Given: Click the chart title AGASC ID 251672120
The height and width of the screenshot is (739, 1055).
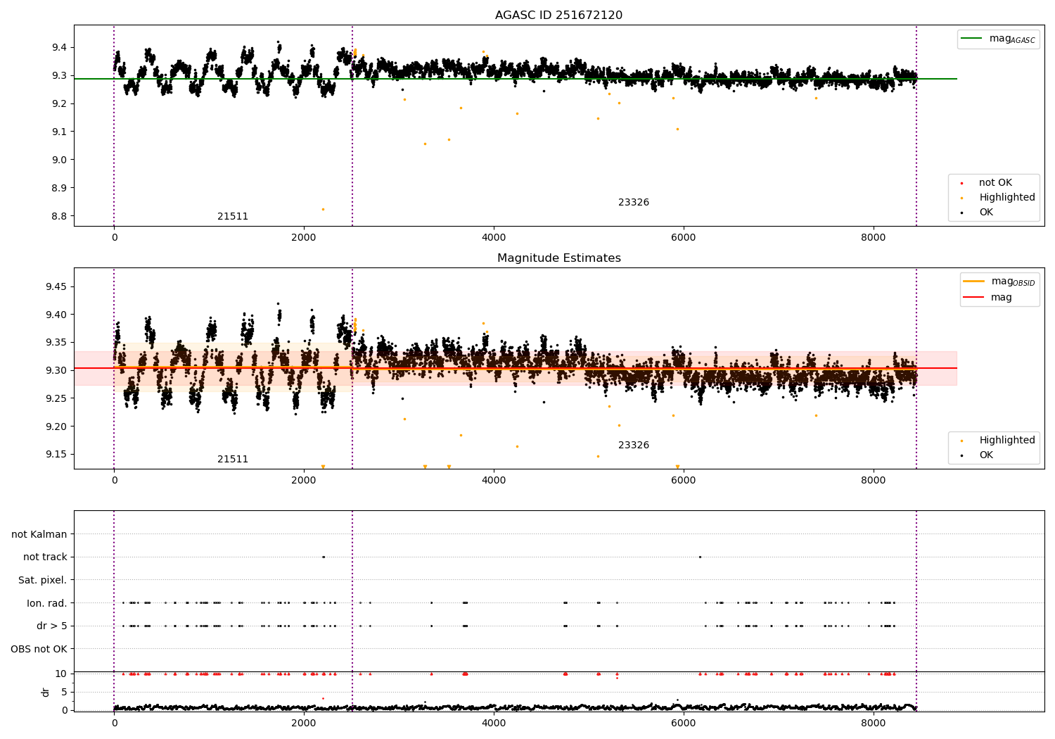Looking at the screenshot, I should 558,15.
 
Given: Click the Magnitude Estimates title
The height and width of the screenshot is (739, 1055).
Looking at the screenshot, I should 558,258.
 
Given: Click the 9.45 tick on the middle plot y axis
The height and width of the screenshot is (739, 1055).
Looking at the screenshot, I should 56,286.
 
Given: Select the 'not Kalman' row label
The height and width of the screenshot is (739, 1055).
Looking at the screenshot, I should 39,535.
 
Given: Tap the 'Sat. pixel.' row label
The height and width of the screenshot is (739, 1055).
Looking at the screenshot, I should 42,581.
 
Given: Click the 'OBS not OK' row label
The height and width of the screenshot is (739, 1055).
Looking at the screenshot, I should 39,649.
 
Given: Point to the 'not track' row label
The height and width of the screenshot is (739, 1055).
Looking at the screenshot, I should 45,557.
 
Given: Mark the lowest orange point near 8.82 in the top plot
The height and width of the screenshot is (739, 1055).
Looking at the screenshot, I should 323,209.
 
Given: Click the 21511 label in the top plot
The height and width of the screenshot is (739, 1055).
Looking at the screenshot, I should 233,217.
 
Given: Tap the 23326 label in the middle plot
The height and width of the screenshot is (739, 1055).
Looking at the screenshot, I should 634,446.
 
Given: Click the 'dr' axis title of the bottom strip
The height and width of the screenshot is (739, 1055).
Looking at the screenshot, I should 46,692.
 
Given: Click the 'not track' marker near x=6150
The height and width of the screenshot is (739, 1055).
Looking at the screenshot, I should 700,557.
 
